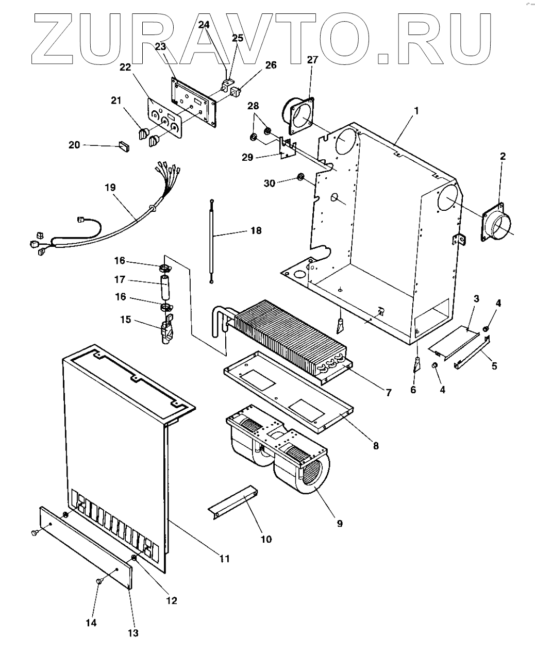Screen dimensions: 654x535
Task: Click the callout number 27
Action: tap(313, 59)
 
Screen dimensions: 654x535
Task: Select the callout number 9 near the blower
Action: tap(340, 523)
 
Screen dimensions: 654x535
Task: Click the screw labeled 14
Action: tap(100, 581)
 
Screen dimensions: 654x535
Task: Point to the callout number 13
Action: tap(133, 633)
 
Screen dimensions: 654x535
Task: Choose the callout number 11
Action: tap(224, 558)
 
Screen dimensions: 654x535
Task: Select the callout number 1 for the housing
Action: tap(416, 110)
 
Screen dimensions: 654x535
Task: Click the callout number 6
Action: tap(413, 390)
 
